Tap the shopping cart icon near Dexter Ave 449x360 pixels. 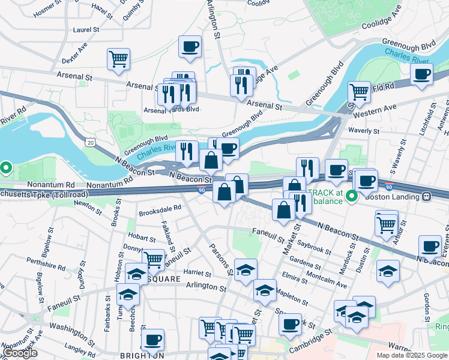[x=118, y=59]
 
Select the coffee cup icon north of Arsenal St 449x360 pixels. [x=190, y=47]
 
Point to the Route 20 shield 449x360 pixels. [x=90, y=142]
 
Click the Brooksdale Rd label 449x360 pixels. [x=160, y=209]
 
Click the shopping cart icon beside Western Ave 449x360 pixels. [x=358, y=92]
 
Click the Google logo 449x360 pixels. [x=20, y=353]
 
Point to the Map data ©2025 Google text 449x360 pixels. [x=412, y=355]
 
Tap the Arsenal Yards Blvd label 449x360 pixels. [x=170, y=110]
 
